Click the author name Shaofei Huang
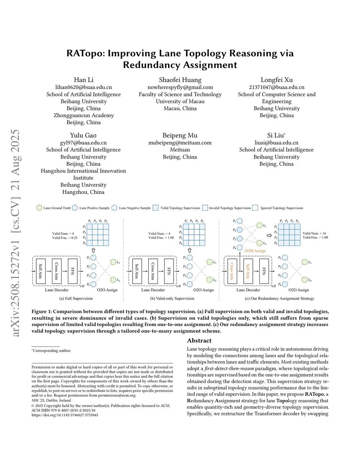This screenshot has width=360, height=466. (x=180, y=80)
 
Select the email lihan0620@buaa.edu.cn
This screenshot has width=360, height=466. (x=84, y=87)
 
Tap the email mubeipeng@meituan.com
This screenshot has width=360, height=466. (x=180, y=143)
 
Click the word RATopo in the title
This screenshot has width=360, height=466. (x=85, y=53)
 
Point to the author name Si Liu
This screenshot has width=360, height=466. (x=276, y=135)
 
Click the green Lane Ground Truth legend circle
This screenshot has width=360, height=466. (x=39, y=208)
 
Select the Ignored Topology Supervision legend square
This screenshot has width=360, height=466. (x=255, y=208)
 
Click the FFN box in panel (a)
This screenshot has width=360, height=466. (x=72, y=271)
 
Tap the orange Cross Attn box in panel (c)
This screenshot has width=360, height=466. (x=232, y=271)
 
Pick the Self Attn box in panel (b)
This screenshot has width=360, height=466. (x=137, y=271)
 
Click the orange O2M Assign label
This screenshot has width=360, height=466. (x=255, y=251)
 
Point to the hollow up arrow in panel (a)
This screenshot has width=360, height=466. (x=93, y=250)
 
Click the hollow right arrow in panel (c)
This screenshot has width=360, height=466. (x=269, y=235)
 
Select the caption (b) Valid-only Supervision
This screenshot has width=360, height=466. (x=172, y=299)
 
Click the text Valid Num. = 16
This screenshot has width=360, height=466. (x=314, y=233)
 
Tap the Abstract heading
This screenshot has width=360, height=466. (x=199, y=340)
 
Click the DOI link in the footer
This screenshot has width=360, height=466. (x=65, y=415)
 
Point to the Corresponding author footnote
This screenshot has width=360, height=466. (x=52, y=351)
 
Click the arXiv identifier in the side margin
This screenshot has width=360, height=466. (x=15, y=232)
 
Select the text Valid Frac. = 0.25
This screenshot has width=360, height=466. (x=65, y=238)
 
